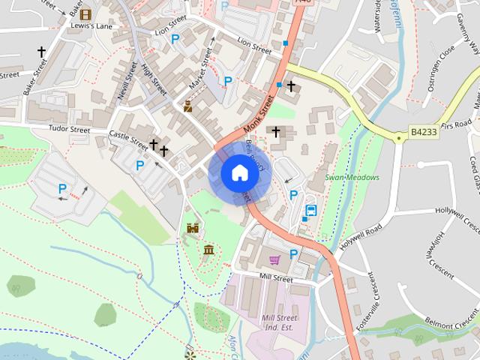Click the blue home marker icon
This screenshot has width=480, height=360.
[238, 173]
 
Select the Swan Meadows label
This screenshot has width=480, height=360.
[352, 177]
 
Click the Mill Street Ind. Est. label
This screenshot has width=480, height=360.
[279, 323]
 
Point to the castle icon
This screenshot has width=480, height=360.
[193, 228]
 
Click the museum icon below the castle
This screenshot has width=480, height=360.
[208, 248]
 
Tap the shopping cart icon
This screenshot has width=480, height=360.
[274, 259]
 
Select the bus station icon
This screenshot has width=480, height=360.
[310, 211]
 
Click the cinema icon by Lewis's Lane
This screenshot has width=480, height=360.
[85, 14]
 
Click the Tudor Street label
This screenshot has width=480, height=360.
[69, 130]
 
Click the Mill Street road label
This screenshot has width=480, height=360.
[275, 277]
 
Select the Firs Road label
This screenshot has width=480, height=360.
[458, 124]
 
